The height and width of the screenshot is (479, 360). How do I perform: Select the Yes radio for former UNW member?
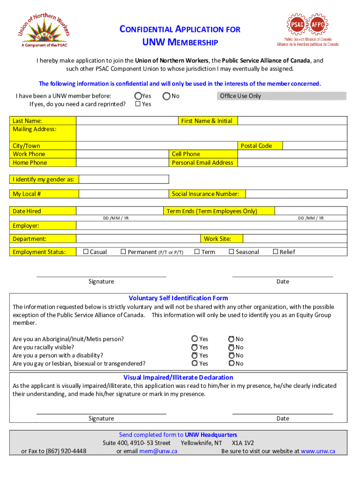(138, 96)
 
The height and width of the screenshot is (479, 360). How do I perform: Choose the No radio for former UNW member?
(166, 96)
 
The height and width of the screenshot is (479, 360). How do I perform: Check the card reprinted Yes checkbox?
(138, 104)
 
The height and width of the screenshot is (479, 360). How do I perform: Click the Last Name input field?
(127, 121)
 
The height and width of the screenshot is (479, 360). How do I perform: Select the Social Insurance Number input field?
(296, 194)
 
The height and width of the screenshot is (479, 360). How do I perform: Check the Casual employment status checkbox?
(86, 252)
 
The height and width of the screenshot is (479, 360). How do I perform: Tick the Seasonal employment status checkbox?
(231, 252)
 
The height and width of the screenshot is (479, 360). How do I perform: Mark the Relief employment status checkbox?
(275, 252)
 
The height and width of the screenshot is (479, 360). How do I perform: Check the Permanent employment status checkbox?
(123, 252)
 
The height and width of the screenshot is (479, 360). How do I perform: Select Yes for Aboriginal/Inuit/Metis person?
(194, 339)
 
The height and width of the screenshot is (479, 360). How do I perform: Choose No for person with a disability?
(231, 356)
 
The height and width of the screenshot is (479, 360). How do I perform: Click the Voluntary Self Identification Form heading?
(178, 298)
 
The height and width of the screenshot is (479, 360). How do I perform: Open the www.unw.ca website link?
(318, 451)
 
